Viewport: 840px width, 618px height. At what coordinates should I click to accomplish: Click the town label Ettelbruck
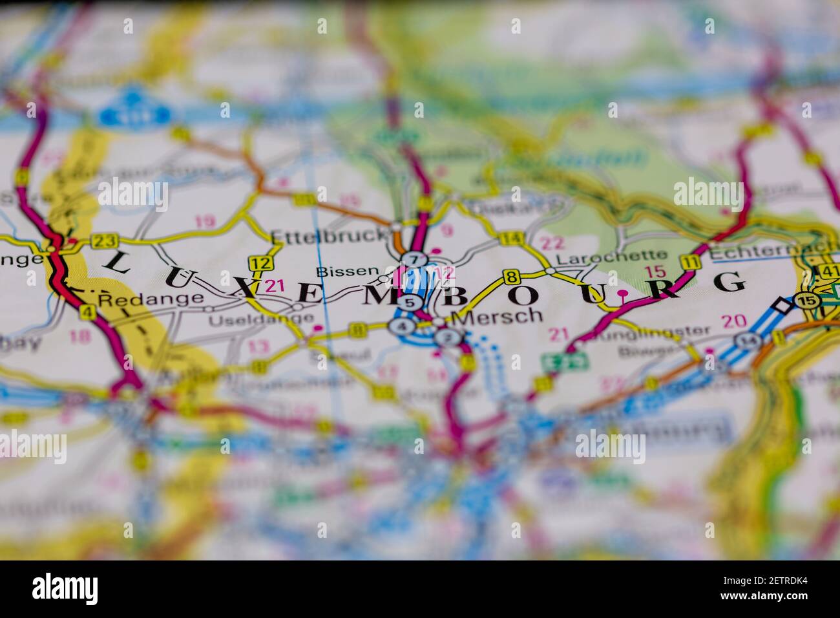tap(328, 236)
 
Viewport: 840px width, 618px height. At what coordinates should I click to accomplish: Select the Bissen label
tap(347, 272)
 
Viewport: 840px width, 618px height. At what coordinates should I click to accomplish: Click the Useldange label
tap(261, 320)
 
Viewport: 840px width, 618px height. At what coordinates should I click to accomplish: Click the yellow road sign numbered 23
tap(103, 241)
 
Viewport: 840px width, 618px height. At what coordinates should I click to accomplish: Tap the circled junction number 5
tap(408, 303)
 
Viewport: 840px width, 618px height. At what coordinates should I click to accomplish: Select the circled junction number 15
tap(805, 301)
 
